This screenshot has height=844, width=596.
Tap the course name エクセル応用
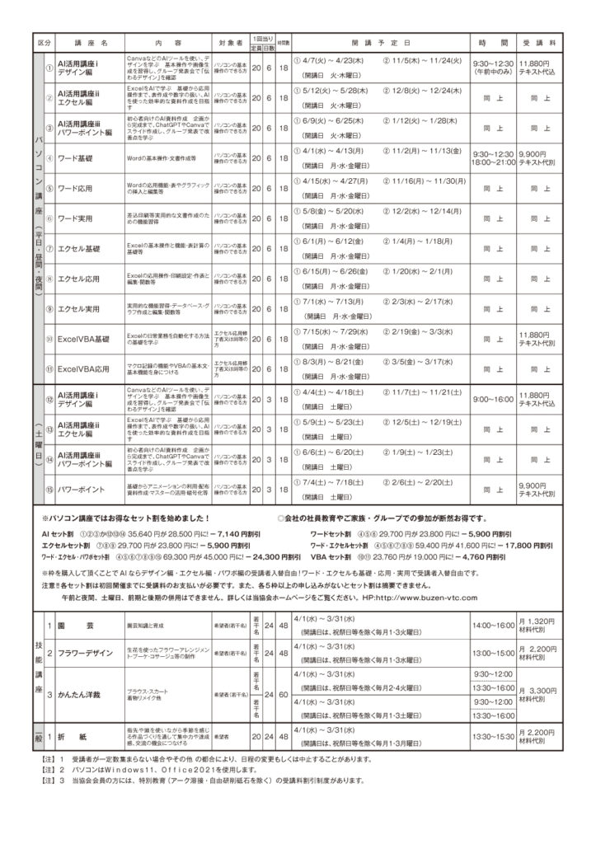pyautogui.click(x=80, y=279)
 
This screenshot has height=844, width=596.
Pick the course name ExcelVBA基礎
pyautogui.click(x=85, y=339)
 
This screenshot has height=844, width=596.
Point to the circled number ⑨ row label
pyautogui.click(x=49, y=308)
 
